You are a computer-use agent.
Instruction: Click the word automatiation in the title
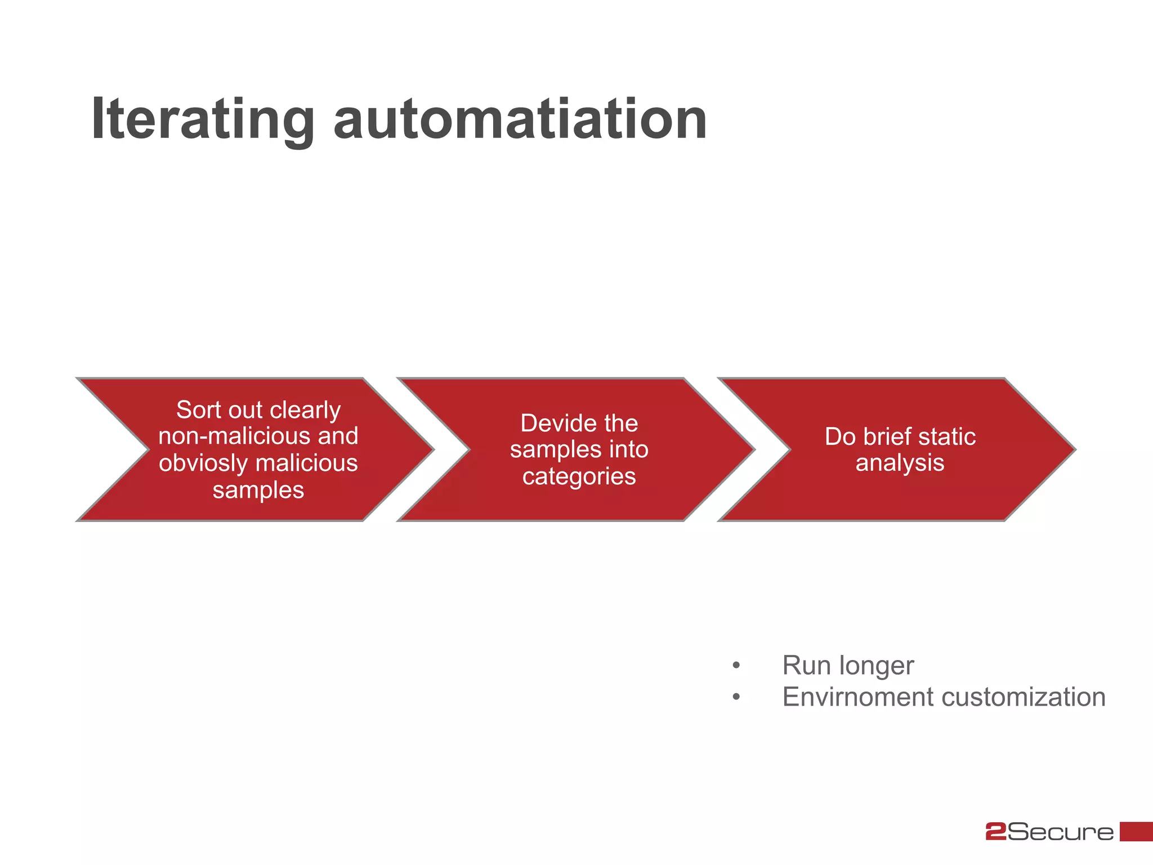pyautogui.click(x=520, y=119)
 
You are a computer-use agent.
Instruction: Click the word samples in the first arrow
pyautogui.click(x=258, y=490)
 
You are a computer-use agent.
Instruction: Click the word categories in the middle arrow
pyautogui.click(x=579, y=476)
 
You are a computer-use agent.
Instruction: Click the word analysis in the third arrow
pyautogui.click(x=900, y=463)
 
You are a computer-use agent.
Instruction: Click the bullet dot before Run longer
pyautogui.click(x=736, y=666)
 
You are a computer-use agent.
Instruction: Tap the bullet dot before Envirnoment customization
pyautogui.click(x=736, y=698)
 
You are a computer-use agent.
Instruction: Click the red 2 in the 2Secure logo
pyautogui.click(x=995, y=832)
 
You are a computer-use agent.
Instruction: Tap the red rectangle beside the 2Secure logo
pyautogui.click(x=1136, y=832)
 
